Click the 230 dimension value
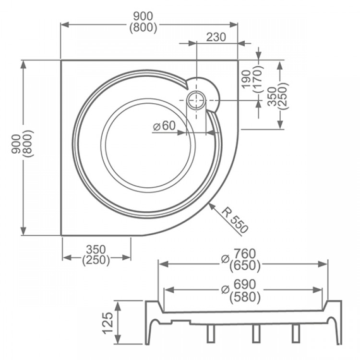[x=216, y=37]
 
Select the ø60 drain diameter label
[x=164, y=126]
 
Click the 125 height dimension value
[x=108, y=323]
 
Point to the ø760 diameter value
[x=238, y=254]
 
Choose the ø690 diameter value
[x=238, y=285]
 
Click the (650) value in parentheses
[x=245, y=266]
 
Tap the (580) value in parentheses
[x=245, y=297]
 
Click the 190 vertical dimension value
[x=246, y=79]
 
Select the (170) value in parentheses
[x=257, y=79]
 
